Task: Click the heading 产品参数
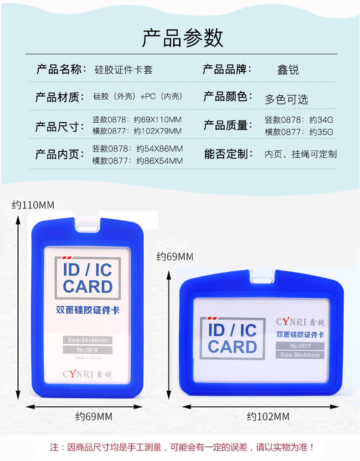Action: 182,38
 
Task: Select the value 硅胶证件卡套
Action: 123,70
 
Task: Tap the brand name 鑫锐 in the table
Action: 288,70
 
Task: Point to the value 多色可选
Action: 286,99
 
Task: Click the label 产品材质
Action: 60,97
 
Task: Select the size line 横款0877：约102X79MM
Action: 137,131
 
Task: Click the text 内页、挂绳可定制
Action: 301,154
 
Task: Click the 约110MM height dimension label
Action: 33,205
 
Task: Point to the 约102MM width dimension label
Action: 268,416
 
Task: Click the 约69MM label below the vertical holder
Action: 93,416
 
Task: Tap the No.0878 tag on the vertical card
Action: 88,350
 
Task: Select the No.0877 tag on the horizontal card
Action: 300,346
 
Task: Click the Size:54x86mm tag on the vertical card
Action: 87,340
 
